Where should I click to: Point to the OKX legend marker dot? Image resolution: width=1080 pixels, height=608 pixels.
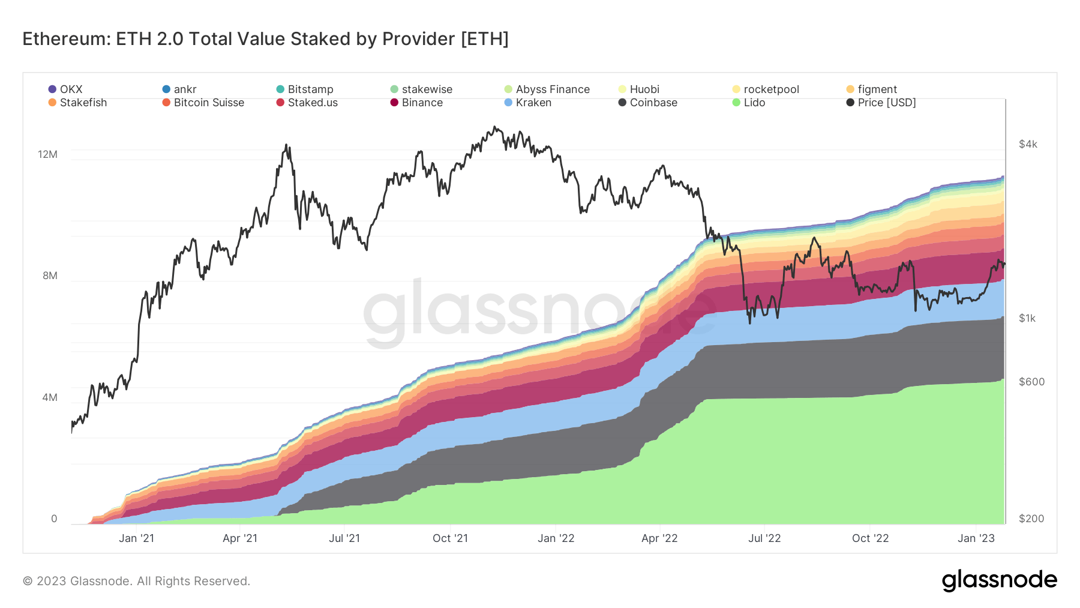pos(52,89)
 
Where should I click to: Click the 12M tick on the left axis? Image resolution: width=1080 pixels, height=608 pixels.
pos(48,154)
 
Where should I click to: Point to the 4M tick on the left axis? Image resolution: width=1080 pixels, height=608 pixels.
pos(50,397)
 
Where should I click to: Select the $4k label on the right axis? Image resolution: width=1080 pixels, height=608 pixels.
pos(1028,144)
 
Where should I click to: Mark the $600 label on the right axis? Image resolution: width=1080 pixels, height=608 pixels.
pos(1031,382)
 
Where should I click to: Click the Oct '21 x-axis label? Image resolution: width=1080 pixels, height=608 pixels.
pos(450,538)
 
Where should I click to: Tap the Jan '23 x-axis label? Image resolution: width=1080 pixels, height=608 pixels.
pos(976,538)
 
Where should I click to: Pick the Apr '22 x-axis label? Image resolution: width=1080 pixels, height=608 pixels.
pos(659,538)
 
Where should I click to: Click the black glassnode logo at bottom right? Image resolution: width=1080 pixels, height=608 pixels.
pos(999,580)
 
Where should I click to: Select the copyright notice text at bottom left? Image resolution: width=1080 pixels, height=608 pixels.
pos(136,581)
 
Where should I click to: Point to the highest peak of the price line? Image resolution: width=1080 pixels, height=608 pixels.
pos(494,127)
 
